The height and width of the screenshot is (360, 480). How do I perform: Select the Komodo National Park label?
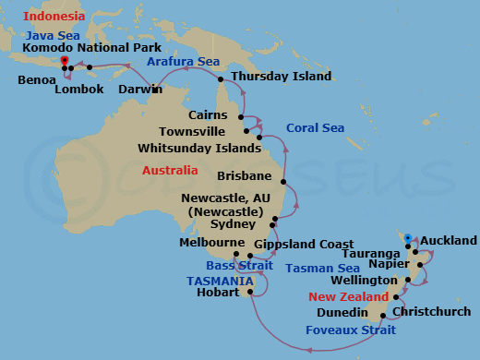point(91,47)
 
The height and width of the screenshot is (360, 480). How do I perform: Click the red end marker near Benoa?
point(64,61)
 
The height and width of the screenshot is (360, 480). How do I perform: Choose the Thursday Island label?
point(281,77)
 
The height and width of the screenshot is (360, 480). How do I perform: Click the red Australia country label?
point(170,171)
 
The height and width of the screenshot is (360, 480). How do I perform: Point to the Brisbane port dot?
point(282,182)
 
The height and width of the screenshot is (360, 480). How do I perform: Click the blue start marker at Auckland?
point(407,238)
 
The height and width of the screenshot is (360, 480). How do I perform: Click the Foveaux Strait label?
point(351,327)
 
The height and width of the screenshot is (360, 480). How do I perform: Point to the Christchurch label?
point(436,312)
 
